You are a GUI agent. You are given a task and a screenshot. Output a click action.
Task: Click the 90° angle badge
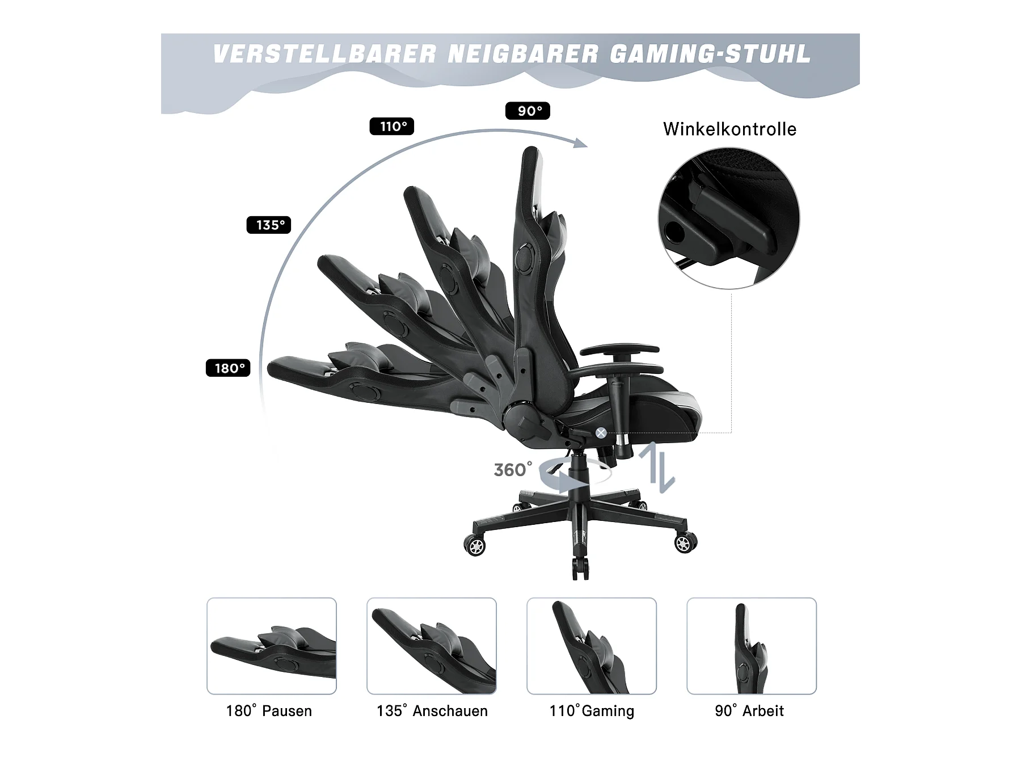pos(528,111)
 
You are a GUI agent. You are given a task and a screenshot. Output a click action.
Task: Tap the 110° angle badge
pos(392,126)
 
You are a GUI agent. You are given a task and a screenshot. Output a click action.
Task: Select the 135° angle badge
pos(269,225)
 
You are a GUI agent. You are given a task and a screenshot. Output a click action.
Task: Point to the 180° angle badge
pos(228,368)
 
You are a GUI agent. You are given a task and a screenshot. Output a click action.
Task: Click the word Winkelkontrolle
pos(729,129)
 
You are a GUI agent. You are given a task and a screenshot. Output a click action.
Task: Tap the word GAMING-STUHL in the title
pos(710,54)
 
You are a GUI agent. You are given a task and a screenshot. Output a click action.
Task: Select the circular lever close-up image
pos(729,218)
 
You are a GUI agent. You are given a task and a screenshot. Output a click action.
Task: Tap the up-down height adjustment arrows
pos(657,467)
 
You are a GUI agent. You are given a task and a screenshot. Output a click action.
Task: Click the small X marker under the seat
pos(601,433)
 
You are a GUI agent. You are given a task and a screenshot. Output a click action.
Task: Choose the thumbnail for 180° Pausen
pos(272,646)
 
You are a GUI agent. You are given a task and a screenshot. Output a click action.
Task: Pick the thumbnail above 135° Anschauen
pos(432,646)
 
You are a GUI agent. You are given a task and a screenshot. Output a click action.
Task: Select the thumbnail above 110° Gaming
pos(592,646)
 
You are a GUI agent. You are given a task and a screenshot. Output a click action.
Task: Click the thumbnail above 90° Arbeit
pos(752,646)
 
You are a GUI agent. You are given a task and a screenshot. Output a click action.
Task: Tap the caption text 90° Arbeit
pos(749,711)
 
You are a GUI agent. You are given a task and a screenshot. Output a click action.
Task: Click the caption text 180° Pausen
pos(269,711)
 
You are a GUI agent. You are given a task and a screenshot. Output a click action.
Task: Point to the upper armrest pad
pos(619,350)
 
